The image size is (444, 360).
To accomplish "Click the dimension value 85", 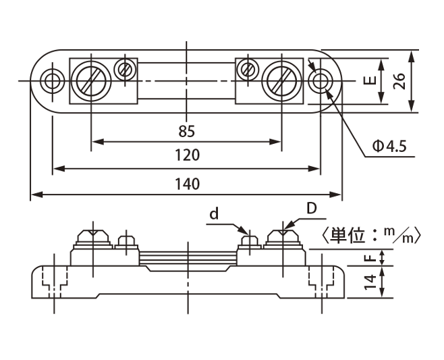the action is coord(187,131).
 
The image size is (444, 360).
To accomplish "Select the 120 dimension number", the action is coord(187,155).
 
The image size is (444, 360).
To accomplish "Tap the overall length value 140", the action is coord(187,184).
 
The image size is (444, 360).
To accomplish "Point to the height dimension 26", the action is coord(399,81).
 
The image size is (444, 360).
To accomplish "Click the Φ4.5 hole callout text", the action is coord(389,147).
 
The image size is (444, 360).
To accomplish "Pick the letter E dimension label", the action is coord(370,81).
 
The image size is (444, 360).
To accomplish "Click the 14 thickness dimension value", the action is coord(370,282).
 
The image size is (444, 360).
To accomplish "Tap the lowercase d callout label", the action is coord(214,214).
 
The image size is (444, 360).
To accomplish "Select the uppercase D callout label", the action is coord(312,209).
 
